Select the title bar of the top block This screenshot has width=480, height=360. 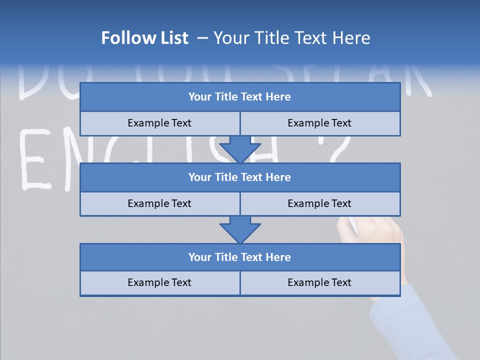(239, 97)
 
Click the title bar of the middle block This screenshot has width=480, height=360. (239, 177)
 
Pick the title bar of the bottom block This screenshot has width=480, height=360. (239, 257)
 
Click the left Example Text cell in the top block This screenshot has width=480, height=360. (159, 123)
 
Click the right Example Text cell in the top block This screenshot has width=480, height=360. (319, 123)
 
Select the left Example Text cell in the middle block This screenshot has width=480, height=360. (159, 204)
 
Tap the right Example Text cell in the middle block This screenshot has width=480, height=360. (319, 204)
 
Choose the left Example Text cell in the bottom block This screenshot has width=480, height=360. (159, 283)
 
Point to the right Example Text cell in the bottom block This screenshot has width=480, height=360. (319, 283)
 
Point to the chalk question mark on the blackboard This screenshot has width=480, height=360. (340, 150)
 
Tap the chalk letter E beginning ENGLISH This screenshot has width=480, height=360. (35, 160)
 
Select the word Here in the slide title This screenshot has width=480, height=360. (352, 38)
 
